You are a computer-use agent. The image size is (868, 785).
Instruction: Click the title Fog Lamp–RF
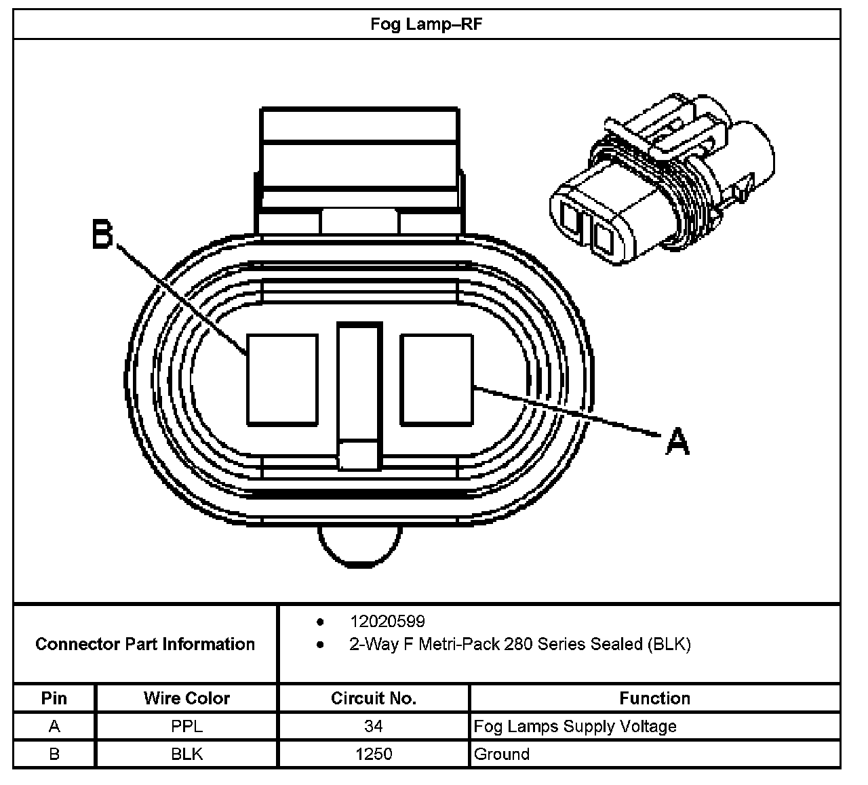427,24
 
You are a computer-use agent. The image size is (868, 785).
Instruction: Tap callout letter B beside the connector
102,235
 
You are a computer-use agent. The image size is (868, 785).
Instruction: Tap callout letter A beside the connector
677,442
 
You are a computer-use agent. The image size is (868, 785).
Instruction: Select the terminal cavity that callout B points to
282,380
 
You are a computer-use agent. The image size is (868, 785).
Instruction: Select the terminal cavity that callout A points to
436,380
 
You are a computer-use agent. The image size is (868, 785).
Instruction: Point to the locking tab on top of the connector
359,156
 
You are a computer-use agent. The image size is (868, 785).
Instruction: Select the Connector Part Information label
145,644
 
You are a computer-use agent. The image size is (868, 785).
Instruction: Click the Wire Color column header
186,698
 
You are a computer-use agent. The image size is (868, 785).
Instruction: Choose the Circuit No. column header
373,698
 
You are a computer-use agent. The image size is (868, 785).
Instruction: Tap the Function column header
654,698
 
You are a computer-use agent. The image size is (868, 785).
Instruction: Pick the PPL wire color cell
186,727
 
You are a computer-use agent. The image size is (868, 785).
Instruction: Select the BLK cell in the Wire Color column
186,754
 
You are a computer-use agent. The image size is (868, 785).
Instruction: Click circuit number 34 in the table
373,727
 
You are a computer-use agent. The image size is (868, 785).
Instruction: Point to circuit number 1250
373,754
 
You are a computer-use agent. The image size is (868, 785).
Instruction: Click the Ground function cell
502,754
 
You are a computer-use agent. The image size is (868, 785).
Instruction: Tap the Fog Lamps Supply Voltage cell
575,727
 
